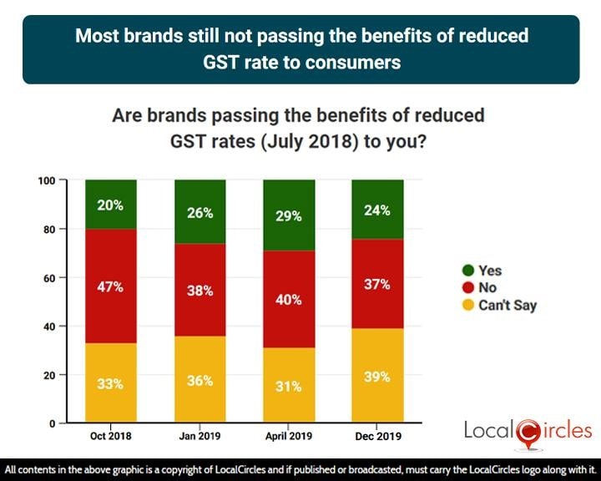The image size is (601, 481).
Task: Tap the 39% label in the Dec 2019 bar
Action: point(376,377)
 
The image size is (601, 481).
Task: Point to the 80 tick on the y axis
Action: point(52,229)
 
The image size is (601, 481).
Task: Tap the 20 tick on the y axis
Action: point(52,375)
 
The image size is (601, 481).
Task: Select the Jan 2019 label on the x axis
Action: point(199,436)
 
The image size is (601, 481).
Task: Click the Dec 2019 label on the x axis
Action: point(376,436)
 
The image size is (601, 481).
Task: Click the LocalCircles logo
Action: point(528,432)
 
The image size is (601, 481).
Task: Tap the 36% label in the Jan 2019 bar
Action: point(199,380)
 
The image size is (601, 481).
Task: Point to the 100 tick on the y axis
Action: point(48,180)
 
